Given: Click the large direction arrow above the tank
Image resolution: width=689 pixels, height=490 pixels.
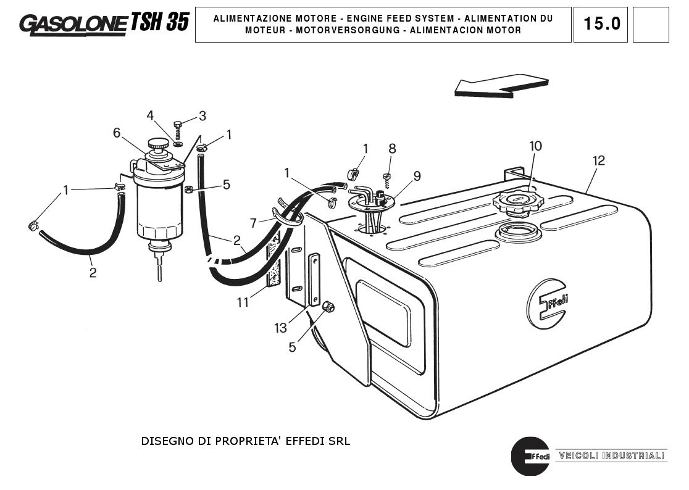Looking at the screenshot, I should pyautogui.click(x=501, y=86).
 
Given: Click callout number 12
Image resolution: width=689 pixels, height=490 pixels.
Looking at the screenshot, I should pyautogui.click(x=598, y=160).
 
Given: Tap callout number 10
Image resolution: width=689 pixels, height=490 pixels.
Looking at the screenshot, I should pyautogui.click(x=535, y=146).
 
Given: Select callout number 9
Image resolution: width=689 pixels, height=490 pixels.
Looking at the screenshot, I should pyautogui.click(x=417, y=176).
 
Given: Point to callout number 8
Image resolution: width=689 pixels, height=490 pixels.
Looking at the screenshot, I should pyautogui.click(x=392, y=149).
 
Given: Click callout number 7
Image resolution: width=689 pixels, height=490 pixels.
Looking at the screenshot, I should pyautogui.click(x=253, y=222).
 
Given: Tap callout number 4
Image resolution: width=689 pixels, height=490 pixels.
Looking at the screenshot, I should pyautogui.click(x=150, y=115).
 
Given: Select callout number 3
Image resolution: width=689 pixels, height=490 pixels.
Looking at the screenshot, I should pyautogui.click(x=202, y=116).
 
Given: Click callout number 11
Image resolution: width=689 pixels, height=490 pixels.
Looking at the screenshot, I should pyautogui.click(x=243, y=302).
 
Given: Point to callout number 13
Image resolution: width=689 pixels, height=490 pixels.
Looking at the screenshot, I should pyautogui.click(x=281, y=328).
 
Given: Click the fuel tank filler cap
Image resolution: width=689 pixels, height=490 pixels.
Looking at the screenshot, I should pyautogui.click(x=514, y=202).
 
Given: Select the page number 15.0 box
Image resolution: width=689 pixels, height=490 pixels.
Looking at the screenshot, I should pyautogui.click(x=600, y=25).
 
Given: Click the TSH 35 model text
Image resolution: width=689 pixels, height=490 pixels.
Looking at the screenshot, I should pyautogui.click(x=159, y=22).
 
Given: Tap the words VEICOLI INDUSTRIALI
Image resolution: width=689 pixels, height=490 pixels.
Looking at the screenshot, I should pyautogui.click(x=611, y=456).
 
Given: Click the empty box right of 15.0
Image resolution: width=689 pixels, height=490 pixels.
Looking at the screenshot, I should pyautogui.click(x=651, y=25).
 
